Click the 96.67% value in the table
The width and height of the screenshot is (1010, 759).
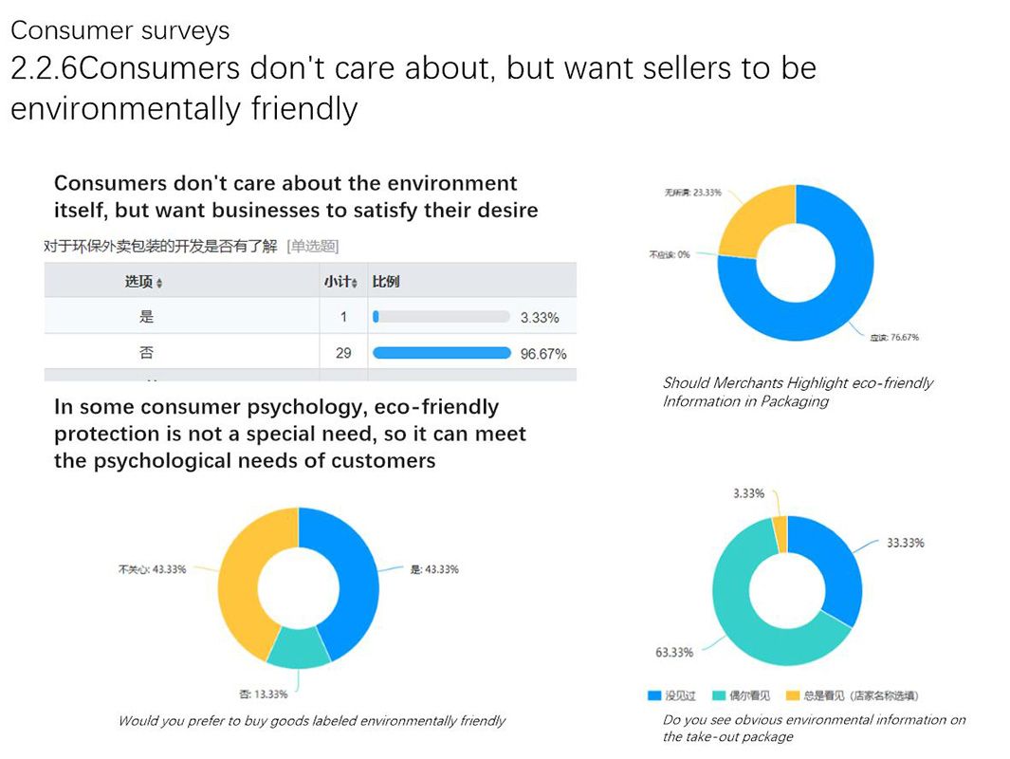[543, 354]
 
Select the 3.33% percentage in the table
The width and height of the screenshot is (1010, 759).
[540, 318]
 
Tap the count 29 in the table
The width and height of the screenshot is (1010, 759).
[343, 353]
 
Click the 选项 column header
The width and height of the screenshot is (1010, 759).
[143, 282]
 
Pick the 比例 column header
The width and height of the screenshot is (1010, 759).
[386, 282]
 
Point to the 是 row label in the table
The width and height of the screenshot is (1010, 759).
[146, 317]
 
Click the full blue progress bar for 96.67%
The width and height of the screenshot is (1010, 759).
[442, 354]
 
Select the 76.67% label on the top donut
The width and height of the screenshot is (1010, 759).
[894, 338]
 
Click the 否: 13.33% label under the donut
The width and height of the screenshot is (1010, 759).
[263, 694]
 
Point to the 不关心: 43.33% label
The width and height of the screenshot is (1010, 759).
[152, 569]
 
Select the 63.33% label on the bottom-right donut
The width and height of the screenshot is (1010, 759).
[674, 652]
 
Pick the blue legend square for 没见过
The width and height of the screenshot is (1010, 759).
[654, 695]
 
